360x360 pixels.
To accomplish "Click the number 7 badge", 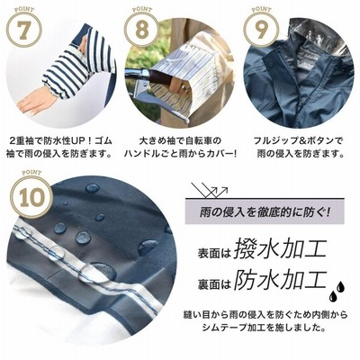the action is (24, 31).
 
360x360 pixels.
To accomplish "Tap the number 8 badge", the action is (142, 31).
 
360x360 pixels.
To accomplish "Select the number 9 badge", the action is (260, 31).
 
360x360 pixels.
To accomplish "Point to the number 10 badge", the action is (31, 198).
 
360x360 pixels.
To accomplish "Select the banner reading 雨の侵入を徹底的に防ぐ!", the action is (265, 211).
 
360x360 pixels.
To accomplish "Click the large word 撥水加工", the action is (280, 249).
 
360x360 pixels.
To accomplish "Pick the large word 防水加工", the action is (280, 281).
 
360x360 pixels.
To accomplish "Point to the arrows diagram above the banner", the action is (210, 190).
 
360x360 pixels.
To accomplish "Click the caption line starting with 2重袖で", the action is (60, 140).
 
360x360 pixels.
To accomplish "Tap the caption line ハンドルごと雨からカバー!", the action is (180, 154).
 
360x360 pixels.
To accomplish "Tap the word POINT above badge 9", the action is (261, 9).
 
